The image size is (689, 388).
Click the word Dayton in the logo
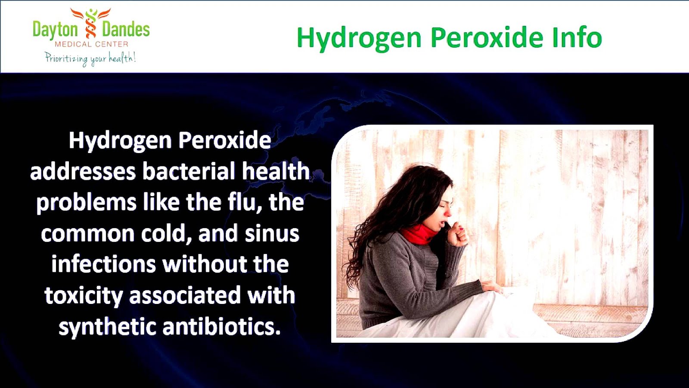(55, 30)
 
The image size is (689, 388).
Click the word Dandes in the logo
(126, 30)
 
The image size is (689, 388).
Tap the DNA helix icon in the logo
(91, 24)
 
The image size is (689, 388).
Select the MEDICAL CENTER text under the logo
(91, 44)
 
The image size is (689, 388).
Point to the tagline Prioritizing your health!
(90, 58)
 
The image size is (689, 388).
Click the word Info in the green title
(577, 38)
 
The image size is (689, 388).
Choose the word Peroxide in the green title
(487, 38)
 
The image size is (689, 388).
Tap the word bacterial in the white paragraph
(189, 171)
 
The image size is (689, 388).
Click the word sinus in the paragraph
(272, 233)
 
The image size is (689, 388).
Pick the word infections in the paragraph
(103, 264)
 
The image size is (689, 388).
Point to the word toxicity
(84, 296)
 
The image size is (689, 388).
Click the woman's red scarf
(418, 235)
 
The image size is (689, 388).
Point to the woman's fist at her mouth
(457, 233)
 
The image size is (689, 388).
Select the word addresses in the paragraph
(83, 172)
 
